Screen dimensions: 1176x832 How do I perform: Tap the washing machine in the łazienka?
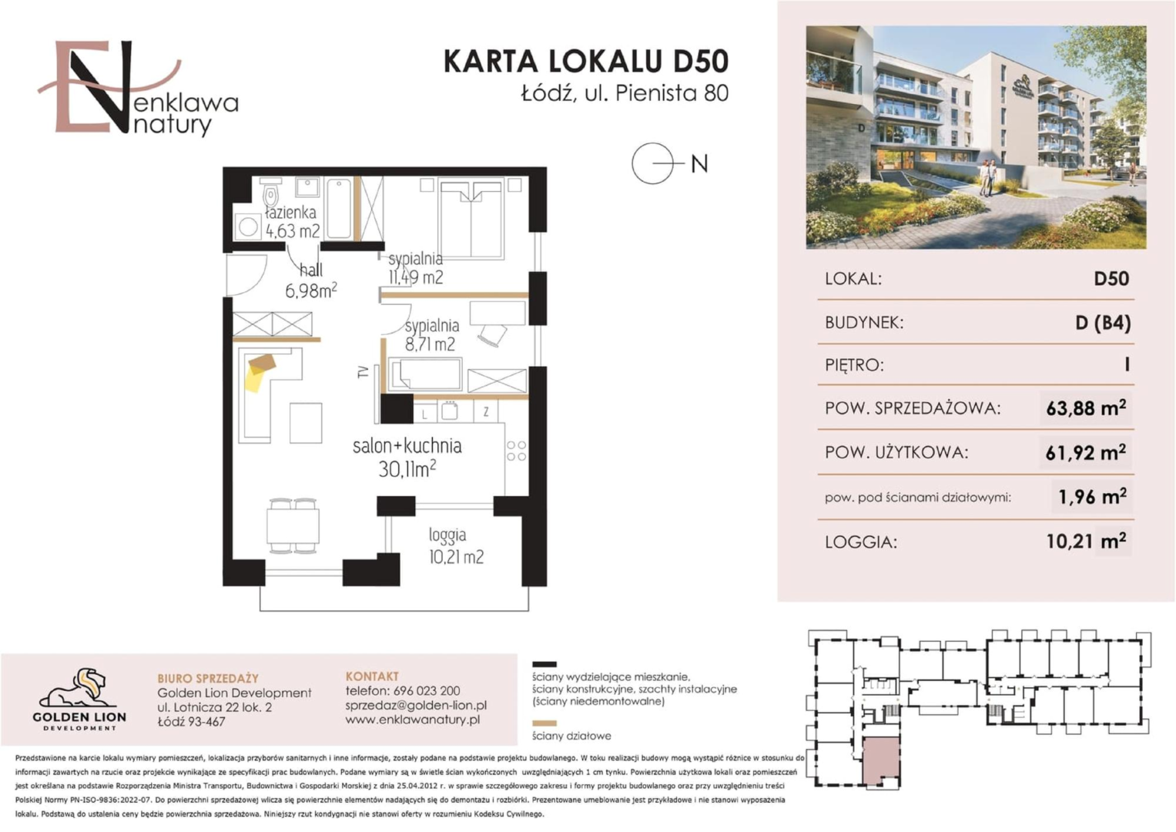click(x=248, y=226)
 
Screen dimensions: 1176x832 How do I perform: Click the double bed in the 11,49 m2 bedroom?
click(x=471, y=219)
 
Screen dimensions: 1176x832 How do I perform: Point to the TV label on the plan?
click(x=362, y=372)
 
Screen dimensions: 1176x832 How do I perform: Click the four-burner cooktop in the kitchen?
click(x=516, y=451)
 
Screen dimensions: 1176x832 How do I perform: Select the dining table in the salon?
click(x=293, y=525)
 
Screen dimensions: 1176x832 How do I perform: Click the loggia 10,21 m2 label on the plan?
click(x=456, y=546)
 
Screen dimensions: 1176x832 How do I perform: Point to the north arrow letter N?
click(x=699, y=164)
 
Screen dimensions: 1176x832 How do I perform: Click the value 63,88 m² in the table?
click(x=1086, y=408)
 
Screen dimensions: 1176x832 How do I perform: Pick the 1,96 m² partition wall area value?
click(x=1092, y=496)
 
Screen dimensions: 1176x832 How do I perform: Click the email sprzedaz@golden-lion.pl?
click(x=416, y=705)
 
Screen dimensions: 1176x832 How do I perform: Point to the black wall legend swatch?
click(x=544, y=664)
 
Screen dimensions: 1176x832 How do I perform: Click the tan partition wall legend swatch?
click(x=544, y=723)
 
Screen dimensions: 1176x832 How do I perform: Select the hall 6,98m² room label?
click(x=311, y=281)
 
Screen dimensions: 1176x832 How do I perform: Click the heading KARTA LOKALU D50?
click(x=586, y=61)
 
